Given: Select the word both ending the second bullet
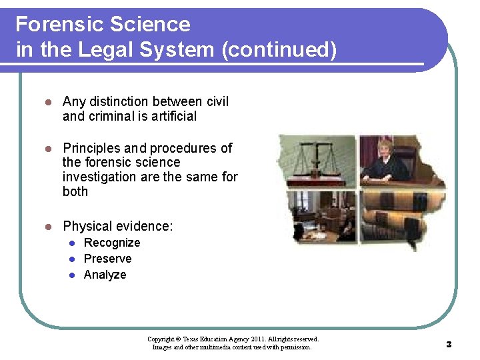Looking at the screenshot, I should pos(75,191).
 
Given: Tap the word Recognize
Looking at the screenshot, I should pos(111,243).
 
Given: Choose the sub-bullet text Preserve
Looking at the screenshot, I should pos(107,259).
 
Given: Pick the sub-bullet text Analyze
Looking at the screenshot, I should pos(105,275).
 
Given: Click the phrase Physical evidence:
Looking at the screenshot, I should pos(117,227).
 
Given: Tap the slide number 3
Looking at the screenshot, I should pos(449,345).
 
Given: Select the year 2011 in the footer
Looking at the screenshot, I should pos(259,339).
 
